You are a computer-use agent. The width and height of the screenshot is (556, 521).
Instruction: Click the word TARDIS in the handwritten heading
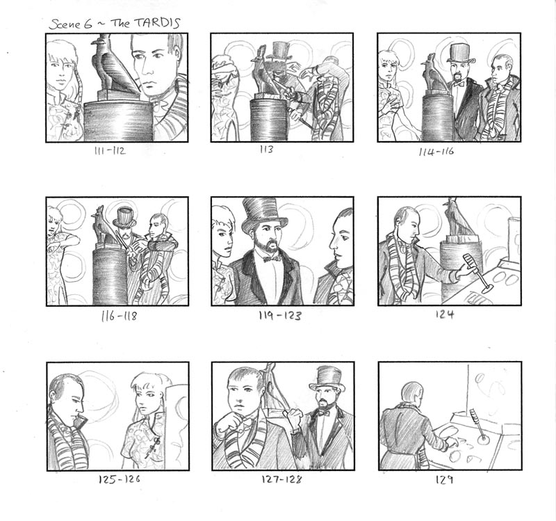click(156, 23)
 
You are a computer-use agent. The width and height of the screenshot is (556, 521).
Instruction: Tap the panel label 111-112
click(110, 151)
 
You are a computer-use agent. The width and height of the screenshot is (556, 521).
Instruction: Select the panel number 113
click(267, 149)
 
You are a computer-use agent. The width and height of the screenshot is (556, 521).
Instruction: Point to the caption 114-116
click(436, 152)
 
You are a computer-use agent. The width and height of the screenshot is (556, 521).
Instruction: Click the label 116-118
click(119, 316)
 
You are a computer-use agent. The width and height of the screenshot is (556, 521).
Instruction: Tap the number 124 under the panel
click(445, 314)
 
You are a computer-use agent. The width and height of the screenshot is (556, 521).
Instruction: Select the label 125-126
click(119, 479)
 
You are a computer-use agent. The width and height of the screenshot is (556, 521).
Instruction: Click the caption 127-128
click(281, 479)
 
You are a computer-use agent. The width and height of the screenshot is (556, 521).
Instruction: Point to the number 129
click(444, 480)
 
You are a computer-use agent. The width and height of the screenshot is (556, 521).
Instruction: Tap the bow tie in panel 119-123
click(271, 259)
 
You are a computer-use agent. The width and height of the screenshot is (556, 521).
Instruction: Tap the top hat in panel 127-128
click(327, 378)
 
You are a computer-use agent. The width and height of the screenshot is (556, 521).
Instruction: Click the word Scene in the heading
click(70, 24)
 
